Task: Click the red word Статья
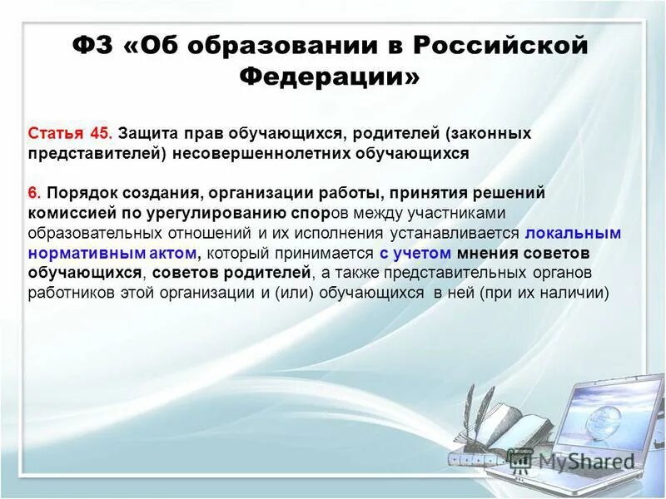56,133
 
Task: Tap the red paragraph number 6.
34,193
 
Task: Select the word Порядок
81,193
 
